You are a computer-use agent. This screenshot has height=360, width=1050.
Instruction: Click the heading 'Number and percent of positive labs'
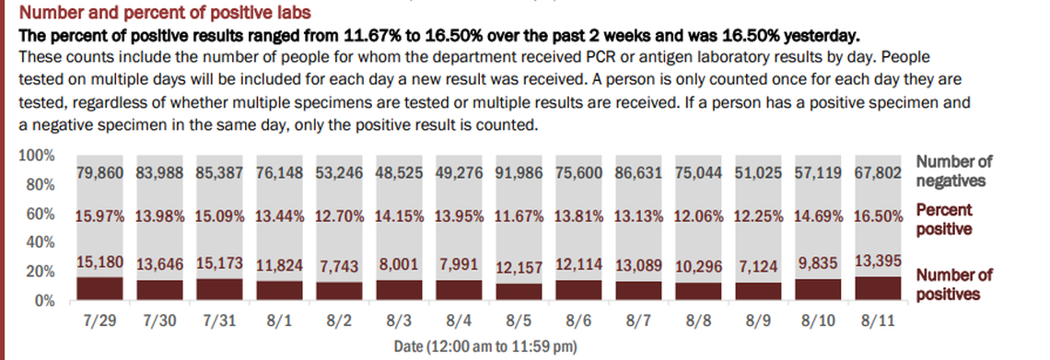pyautogui.click(x=165, y=14)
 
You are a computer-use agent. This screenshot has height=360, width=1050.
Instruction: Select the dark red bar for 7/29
pyautogui.click(x=99, y=289)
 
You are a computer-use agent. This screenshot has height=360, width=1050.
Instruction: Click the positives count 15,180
pyautogui.click(x=99, y=262)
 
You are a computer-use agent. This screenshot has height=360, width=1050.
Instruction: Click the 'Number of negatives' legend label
pyautogui.click(x=953, y=171)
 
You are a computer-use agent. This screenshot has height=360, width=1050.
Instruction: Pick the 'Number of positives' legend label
pyautogui.click(x=953, y=285)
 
